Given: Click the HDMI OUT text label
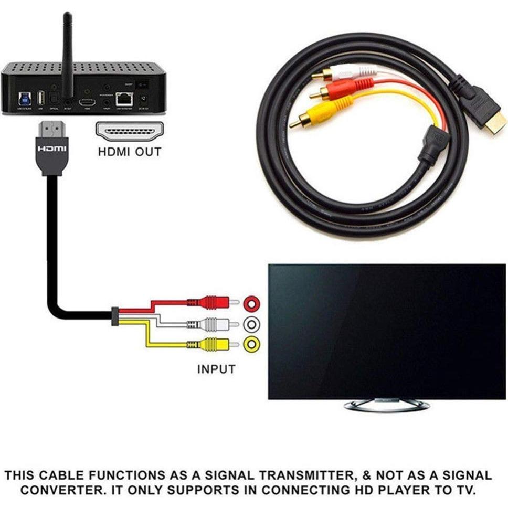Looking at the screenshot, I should pos(130,153).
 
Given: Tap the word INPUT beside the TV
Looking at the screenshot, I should pos(216,369).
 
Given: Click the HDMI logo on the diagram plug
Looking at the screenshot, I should pos(52,149).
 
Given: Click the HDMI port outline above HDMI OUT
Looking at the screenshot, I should pos(130,131).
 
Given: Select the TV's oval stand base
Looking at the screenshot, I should pos(387,405).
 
